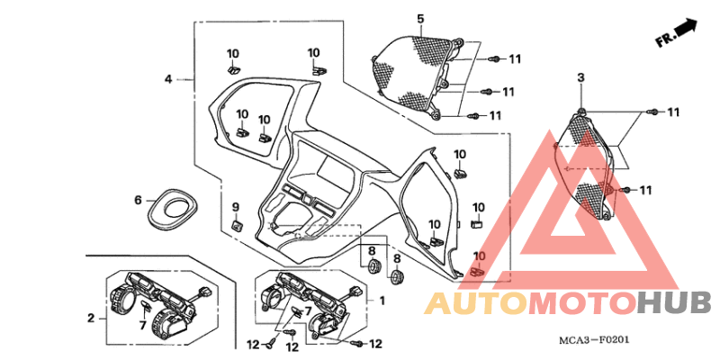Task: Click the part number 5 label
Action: (420, 19)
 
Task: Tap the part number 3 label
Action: (580, 77)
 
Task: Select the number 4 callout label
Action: (168, 79)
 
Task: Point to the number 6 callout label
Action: (138, 200)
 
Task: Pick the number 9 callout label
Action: (235, 207)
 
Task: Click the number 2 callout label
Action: (91, 318)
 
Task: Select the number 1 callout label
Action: (382, 301)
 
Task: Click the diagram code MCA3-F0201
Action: (593, 340)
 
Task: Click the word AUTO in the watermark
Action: (476, 303)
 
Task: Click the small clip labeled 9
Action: (236, 226)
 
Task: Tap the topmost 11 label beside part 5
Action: (515, 58)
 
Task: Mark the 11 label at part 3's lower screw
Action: (645, 190)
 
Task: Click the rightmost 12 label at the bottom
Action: (375, 344)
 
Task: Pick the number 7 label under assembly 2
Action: (142, 326)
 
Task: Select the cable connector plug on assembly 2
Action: (205, 290)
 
